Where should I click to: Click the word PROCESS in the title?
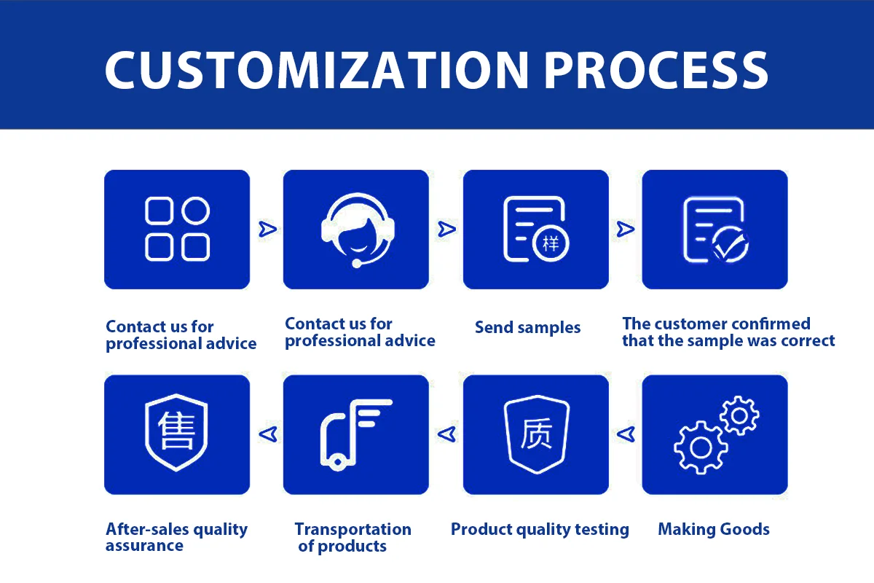pyautogui.click(x=655, y=69)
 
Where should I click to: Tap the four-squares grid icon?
pyautogui.click(x=177, y=229)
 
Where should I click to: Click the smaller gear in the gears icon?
pyautogui.click(x=739, y=415)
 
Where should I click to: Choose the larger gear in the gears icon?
pyautogui.click(x=701, y=447)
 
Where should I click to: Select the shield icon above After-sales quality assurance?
pyautogui.click(x=177, y=434)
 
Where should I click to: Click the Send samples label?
pyautogui.click(x=527, y=328)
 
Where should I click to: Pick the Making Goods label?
pyautogui.click(x=714, y=530)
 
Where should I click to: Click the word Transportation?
pyautogui.click(x=353, y=530)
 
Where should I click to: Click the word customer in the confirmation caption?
pyautogui.click(x=690, y=324)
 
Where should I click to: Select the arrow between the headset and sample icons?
pyautogui.click(x=446, y=230)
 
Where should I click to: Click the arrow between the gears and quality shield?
pyautogui.click(x=625, y=434)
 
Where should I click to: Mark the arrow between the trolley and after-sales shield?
pyautogui.click(x=267, y=434)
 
